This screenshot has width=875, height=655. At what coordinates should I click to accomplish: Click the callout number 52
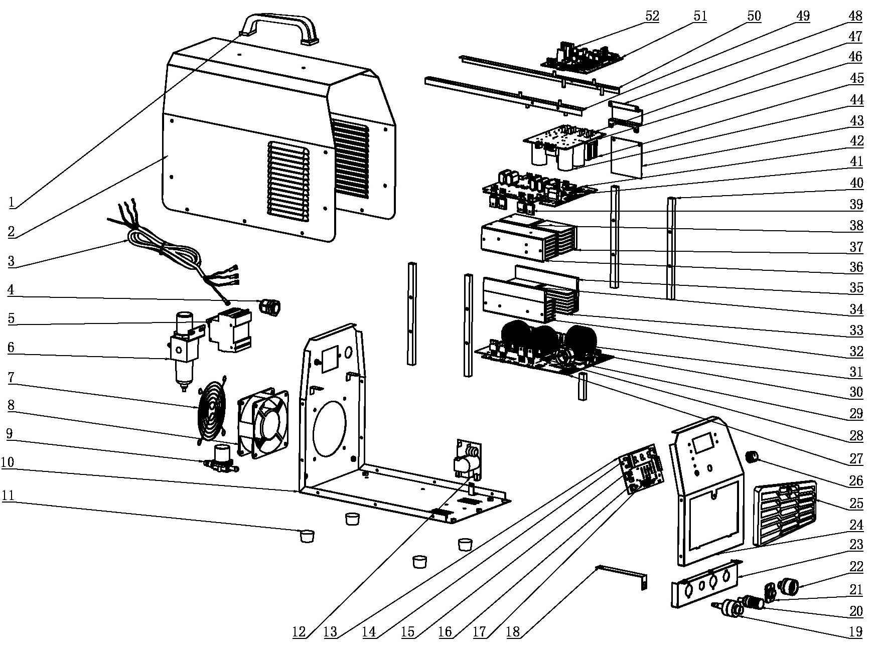click(x=651, y=16)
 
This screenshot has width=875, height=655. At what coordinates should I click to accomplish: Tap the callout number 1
click(x=12, y=202)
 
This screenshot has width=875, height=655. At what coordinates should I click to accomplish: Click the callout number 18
click(x=513, y=632)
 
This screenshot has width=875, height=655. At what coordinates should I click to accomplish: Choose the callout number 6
click(x=11, y=348)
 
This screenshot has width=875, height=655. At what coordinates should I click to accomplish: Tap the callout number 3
click(x=11, y=261)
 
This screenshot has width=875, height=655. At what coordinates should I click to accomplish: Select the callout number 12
click(x=299, y=632)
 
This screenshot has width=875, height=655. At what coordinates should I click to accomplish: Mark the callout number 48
click(x=855, y=16)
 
